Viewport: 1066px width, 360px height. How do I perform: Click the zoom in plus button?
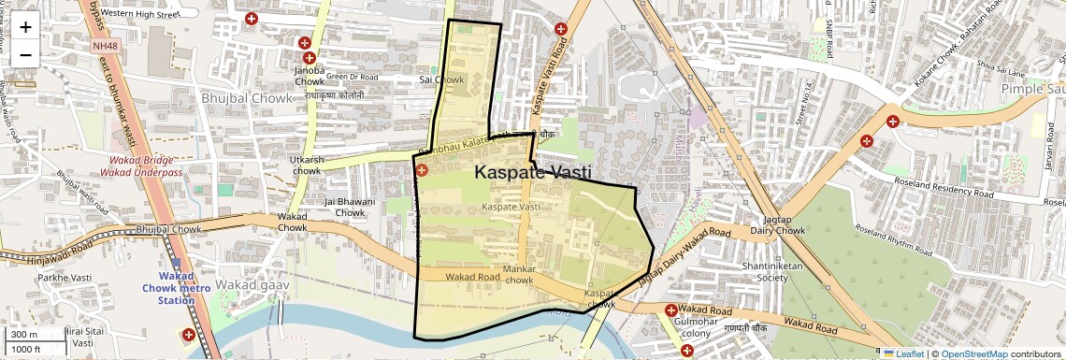25,26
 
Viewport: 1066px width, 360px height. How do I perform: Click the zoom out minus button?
25,54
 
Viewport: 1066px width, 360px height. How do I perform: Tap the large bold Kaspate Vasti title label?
532,172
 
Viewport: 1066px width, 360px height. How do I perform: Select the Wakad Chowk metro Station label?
176,288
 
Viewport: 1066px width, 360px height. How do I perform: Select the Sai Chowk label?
442,80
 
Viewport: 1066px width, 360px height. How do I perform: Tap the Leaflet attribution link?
902,354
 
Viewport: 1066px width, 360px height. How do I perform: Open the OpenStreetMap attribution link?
973,354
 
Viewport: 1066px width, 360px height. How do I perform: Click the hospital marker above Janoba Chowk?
305,43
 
